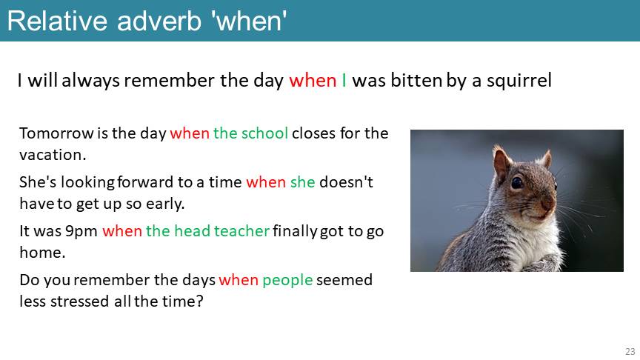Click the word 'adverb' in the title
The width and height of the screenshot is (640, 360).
click(x=159, y=21)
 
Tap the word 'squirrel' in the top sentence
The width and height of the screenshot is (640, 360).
click(x=519, y=80)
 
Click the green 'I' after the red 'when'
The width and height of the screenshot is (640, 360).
click(x=344, y=80)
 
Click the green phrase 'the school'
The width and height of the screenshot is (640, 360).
click(x=250, y=133)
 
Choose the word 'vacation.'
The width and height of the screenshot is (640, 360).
click(x=53, y=155)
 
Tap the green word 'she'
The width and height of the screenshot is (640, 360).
click(x=302, y=182)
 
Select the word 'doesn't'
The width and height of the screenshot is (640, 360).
click(x=346, y=182)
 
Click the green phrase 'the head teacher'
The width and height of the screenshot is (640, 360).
click(x=207, y=230)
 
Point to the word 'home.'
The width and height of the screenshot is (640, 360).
click(x=42, y=253)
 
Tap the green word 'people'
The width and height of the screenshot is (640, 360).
click(x=287, y=280)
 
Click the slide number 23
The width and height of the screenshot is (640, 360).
click(x=630, y=351)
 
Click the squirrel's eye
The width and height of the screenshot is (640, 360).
click(x=517, y=182)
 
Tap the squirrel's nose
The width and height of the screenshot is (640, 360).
click(x=549, y=201)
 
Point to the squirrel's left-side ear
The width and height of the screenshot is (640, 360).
click(x=501, y=162)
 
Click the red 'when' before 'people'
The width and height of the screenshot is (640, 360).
click(x=239, y=280)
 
